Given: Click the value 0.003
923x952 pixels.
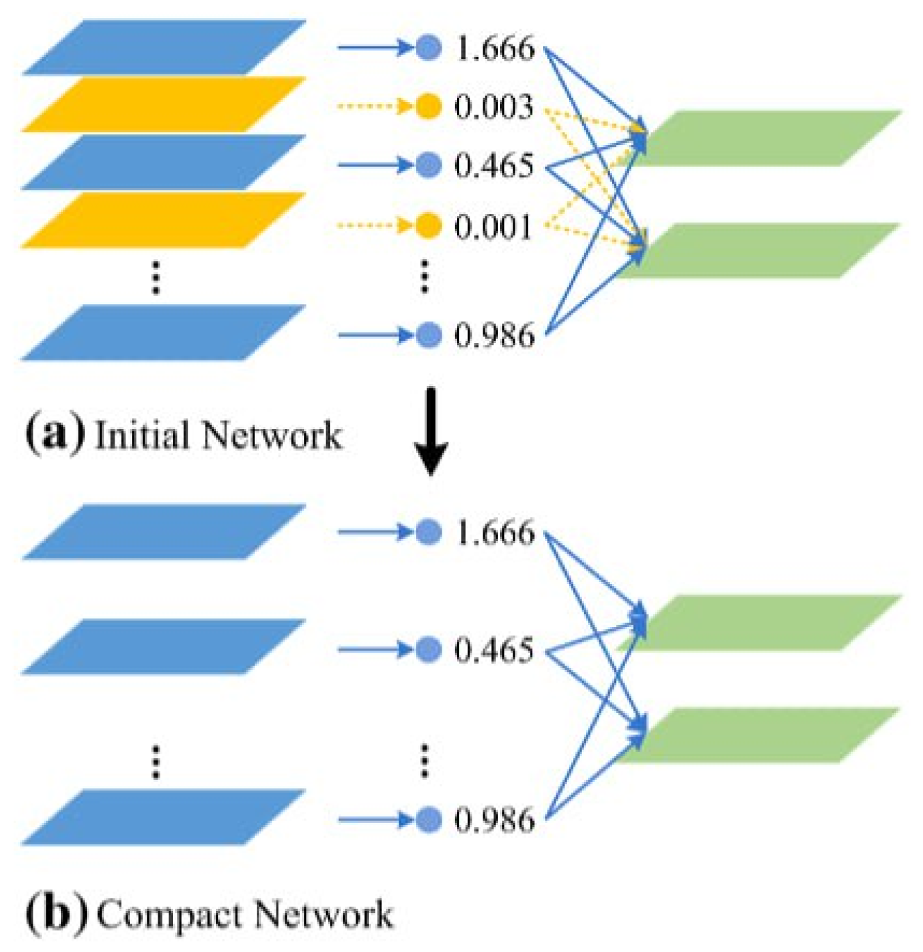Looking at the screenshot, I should pos(494,107).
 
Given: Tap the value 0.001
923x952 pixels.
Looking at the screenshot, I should pos(494,226).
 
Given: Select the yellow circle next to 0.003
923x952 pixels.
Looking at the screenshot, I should pos(429,107).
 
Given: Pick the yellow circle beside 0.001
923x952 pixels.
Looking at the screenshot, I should pos(429,226).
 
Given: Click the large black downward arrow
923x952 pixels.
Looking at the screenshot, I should pos(431,431).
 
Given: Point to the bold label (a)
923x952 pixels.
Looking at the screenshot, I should pos(55,434).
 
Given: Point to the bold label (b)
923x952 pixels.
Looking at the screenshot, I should pos(56,913).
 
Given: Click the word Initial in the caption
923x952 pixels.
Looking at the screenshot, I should pos(142,435).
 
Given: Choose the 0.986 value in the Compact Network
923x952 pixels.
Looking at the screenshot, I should pos(494,820).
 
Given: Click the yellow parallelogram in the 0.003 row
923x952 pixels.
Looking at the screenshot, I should pos(164,104).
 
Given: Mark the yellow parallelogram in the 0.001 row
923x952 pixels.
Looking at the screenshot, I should pos(164,220).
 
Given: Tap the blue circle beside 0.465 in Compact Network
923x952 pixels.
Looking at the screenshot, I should pos(429,650).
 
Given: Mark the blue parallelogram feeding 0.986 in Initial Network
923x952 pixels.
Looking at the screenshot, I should pos(164,333).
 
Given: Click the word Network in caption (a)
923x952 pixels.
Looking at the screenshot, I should pos(271,435).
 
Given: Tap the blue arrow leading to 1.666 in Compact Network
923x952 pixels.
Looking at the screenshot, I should pos(375,533).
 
